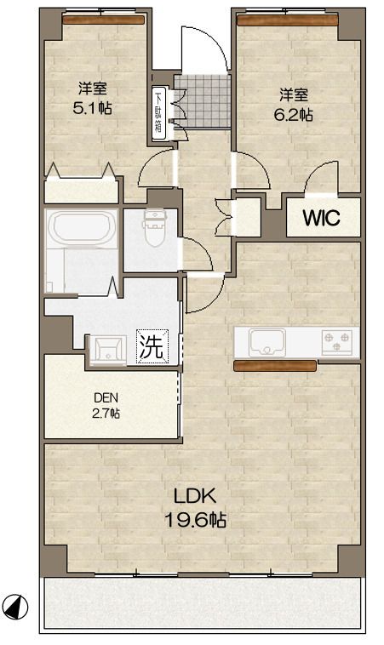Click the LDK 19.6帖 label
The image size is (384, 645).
pos(195,508)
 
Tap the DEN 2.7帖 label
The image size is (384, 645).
pos(106,405)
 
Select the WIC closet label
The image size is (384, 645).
pos(322,218)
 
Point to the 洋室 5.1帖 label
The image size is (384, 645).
pos(93,98)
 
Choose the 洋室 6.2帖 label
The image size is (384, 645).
pos(294,105)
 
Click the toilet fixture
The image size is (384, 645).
pos(154,228)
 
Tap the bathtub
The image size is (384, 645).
pos(83,227)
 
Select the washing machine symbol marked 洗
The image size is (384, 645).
pos(152,346)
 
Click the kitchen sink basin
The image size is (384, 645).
pos(267,342)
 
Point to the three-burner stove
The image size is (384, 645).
pos(337,342)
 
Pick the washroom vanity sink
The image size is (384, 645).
pos(108,350)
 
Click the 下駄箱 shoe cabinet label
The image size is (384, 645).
pos(158,112)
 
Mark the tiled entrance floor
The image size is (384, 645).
pos(202,100)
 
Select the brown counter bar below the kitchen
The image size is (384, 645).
pos(275,366)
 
